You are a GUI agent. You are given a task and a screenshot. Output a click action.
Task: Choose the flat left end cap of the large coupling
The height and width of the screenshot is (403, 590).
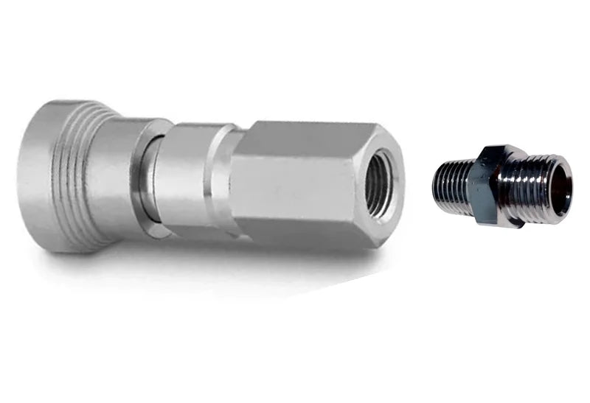coord(33,177)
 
